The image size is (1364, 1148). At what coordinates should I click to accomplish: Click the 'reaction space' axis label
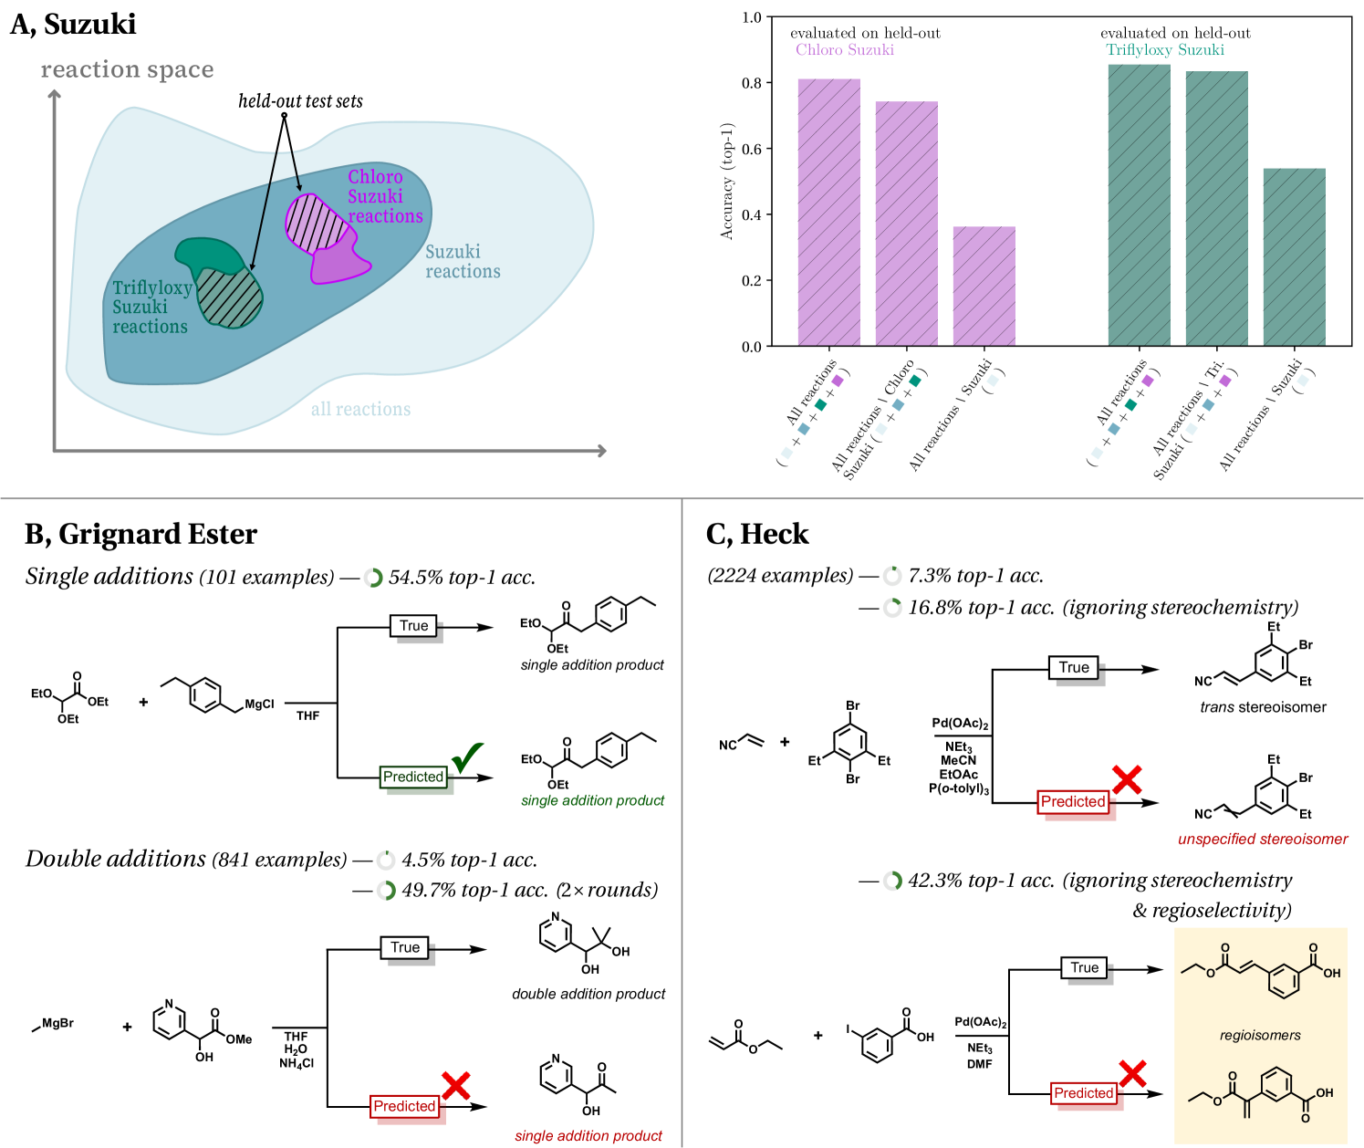pyautogui.click(x=128, y=70)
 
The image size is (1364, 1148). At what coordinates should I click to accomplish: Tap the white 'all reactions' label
pyautogui.click(x=360, y=409)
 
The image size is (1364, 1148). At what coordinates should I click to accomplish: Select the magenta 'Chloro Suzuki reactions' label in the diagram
pyautogui.click(x=384, y=196)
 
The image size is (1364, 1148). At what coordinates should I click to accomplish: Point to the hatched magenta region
pyautogui.click(x=316, y=223)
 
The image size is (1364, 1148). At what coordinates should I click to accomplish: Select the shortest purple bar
pyautogui.click(x=984, y=287)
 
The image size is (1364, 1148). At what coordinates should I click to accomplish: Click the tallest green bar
pyautogui.click(x=1140, y=205)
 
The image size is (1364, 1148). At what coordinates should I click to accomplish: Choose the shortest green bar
pyautogui.click(x=1295, y=257)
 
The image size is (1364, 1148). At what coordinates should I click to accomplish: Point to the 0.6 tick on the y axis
pyautogui.click(x=752, y=149)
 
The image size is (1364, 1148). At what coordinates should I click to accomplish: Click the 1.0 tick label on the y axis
pyautogui.click(x=752, y=17)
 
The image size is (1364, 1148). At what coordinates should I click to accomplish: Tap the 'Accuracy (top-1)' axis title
pyautogui.click(x=727, y=181)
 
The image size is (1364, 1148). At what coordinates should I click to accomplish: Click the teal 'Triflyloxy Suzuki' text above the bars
pyautogui.click(x=1165, y=50)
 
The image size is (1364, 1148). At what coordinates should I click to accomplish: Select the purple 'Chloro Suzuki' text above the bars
pyautogui.click(x=845, y=50)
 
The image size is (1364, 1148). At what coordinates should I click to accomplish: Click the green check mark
pyautogui.click(x=467, y=757)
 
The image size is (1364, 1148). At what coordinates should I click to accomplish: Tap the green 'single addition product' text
pyautogui.click(x=592, y=800)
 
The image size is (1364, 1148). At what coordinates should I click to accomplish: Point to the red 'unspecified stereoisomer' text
pyautogui.click(x=1263, y=839)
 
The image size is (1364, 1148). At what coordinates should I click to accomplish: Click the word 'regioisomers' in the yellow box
pyautogui.click(x=1260, y=1035)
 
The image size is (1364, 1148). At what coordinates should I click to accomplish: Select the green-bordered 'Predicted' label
pyautogui.click(x=413, y=777)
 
